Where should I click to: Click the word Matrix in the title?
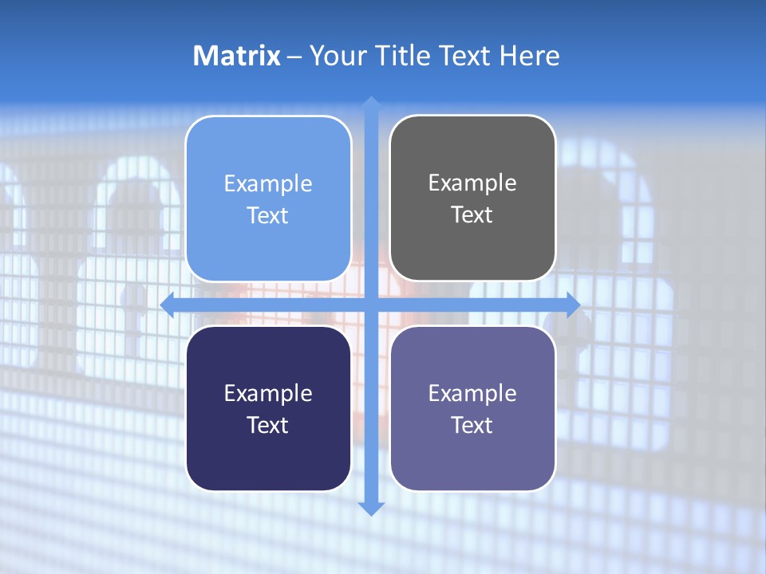(237, 56)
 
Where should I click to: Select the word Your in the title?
(335, 56)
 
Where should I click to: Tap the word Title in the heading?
(399, 56)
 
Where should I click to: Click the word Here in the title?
(530, 56)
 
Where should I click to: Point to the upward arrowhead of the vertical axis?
(371, 102)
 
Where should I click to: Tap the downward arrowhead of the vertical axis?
(371, 508)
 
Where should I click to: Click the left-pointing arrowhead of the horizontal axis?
(168, 305)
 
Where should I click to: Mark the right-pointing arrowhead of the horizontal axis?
(573, 305)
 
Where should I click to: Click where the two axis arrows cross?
(371, 305)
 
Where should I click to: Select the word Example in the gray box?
(472, 183)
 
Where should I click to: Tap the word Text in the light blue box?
(267, 216)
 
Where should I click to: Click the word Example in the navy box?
(267, 393)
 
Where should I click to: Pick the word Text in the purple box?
(472, 425)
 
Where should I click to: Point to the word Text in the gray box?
(472, 215)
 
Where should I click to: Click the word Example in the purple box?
(472, 393)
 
